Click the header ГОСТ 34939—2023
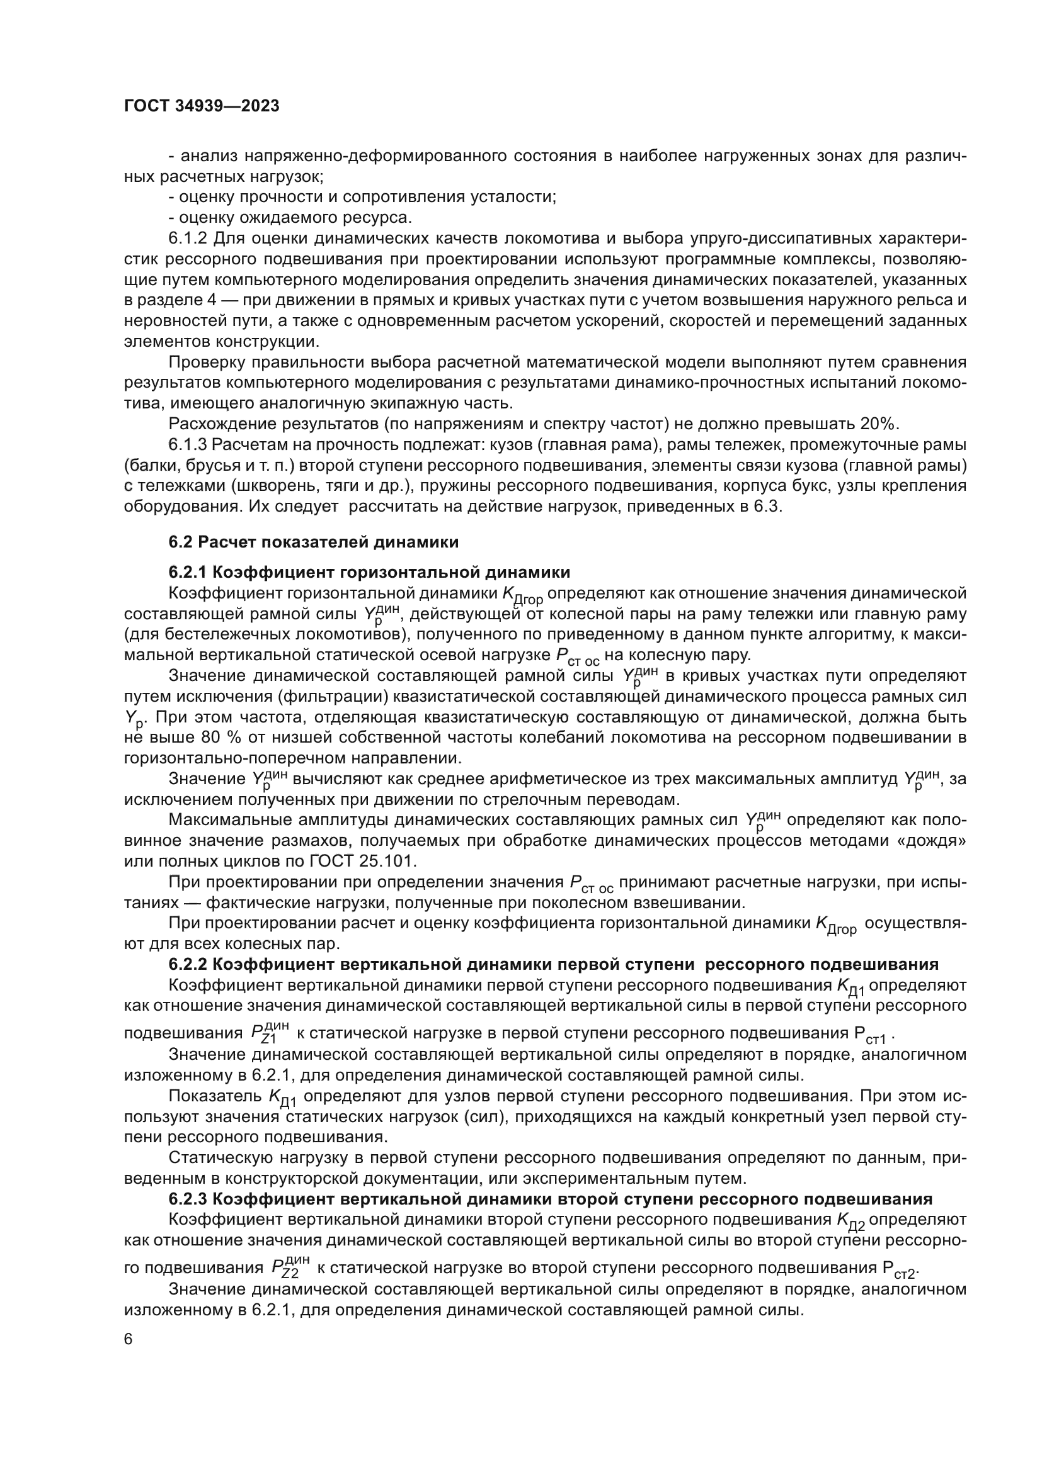[202, 106]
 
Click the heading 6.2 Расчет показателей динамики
[314, 542]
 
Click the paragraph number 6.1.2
[188, 239]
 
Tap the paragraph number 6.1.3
[188, 445]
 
